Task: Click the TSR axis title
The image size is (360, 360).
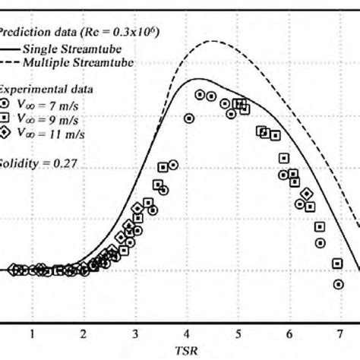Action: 187,351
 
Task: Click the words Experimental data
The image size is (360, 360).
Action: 38,87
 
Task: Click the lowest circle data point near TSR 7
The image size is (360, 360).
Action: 338,284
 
